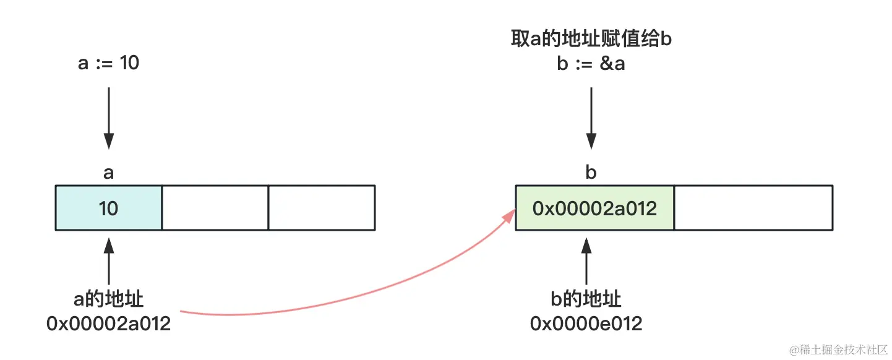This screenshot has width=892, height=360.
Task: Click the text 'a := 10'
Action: pos(109,63)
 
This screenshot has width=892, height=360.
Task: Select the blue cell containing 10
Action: pos(109,208)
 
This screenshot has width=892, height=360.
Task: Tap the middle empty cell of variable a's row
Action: pos(215,208)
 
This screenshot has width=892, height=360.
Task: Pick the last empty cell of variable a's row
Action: pos(322,208)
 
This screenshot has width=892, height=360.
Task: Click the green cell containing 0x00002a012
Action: pos(594,208)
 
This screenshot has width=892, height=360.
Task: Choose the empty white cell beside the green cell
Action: pos(753,208)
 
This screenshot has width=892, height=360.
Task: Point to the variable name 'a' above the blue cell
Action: pos(109,173)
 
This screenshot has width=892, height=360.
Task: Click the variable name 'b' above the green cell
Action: pos(591,173)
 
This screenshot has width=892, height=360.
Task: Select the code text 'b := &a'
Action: pos(591,64)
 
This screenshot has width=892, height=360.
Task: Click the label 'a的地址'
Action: pos(109,299)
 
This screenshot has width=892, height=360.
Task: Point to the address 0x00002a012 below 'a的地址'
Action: pos(109,324)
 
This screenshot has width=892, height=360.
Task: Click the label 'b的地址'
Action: pos(586,299)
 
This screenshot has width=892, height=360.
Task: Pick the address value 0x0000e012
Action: pos(586,324)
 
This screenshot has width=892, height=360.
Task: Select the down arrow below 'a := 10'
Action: pos(109,118)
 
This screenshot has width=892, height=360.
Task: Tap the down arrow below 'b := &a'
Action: pos(591,118)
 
